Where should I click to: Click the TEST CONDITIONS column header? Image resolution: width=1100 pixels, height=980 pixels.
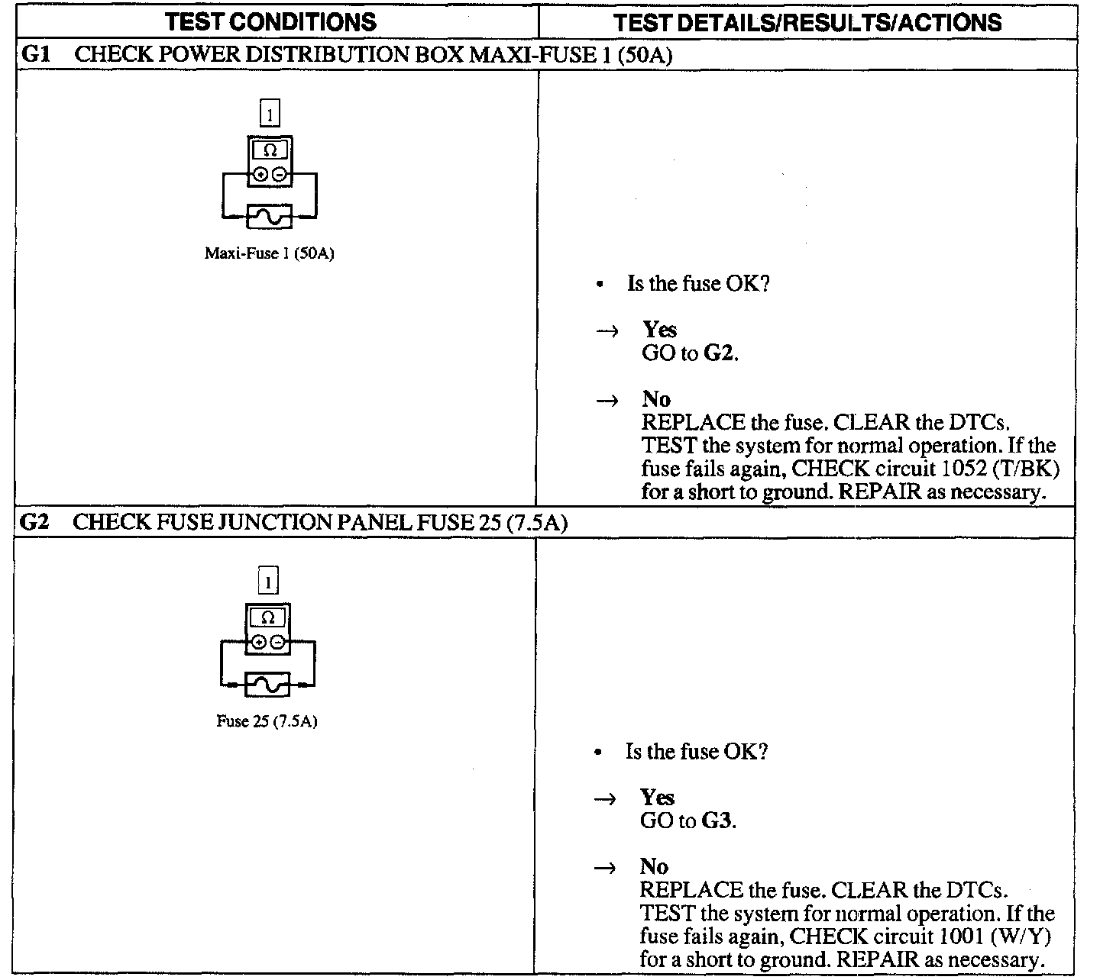(x=271, y=22)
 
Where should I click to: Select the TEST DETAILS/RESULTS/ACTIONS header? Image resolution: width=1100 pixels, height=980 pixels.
(x=807, y=22)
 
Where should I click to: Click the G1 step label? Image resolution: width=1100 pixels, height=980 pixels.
(x=35, y=55)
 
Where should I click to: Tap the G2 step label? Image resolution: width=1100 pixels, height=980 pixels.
(x=34, y=523)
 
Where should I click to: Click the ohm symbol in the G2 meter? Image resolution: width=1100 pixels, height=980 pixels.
(x=268, y=618)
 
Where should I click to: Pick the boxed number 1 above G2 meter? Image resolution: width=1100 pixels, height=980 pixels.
(x=268, y=583)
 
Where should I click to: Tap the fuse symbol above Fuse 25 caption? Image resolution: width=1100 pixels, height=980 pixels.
(x=268, y=684)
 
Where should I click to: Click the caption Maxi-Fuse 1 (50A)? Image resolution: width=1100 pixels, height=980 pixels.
(x=269, y=253)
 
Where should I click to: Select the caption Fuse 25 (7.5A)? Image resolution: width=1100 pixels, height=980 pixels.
(x=267, y=721)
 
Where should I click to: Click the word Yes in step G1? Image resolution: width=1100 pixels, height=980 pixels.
(x=659, y=329)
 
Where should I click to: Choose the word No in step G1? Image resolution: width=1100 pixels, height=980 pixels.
(x=656, y=398)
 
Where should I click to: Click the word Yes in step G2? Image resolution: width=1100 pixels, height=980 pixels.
(x=657, y=798)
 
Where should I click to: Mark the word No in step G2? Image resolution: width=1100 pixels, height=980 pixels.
(x=654, y=866)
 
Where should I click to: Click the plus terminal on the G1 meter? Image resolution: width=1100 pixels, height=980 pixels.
(x=261, y=175)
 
